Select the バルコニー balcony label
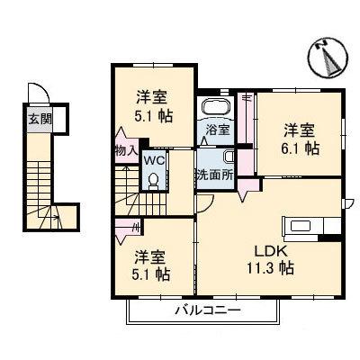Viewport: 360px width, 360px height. click(206, 311)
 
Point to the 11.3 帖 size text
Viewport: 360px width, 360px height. click(269, 267)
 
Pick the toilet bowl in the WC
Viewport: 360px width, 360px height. click(153, 179)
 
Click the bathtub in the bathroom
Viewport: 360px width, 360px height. click(216, 107)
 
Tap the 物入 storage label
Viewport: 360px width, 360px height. click(125, 150)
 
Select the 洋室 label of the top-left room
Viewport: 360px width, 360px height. click(152, 96)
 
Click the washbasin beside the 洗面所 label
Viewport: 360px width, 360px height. click(229, 156)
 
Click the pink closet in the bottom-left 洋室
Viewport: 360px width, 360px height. click(125, 228)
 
